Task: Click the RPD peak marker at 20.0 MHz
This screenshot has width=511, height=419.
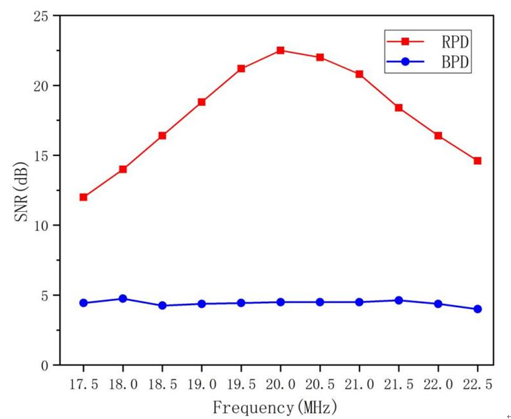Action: (280, 50)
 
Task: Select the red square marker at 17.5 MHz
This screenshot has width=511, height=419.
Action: (83, 197)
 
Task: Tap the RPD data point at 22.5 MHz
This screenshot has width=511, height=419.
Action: (477, 161)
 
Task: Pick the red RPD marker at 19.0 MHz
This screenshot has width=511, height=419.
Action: (202, 102)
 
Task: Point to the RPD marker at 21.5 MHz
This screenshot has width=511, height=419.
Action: (398, 108)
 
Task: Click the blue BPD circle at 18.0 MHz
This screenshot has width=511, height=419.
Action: (122, 299)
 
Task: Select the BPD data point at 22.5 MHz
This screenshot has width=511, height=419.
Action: (477, 309)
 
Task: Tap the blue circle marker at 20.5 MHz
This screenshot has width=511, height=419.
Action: (320, 302)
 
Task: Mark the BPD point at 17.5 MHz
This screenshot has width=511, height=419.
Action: (83, 303)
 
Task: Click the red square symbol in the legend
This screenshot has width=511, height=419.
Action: (406, 42)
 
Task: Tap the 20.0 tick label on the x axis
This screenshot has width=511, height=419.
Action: (280, 385)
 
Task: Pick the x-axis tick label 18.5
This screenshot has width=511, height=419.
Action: (162, 385)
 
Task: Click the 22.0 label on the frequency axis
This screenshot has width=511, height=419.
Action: (438, 385)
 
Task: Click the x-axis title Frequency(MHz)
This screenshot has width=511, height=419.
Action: (275, 405)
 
